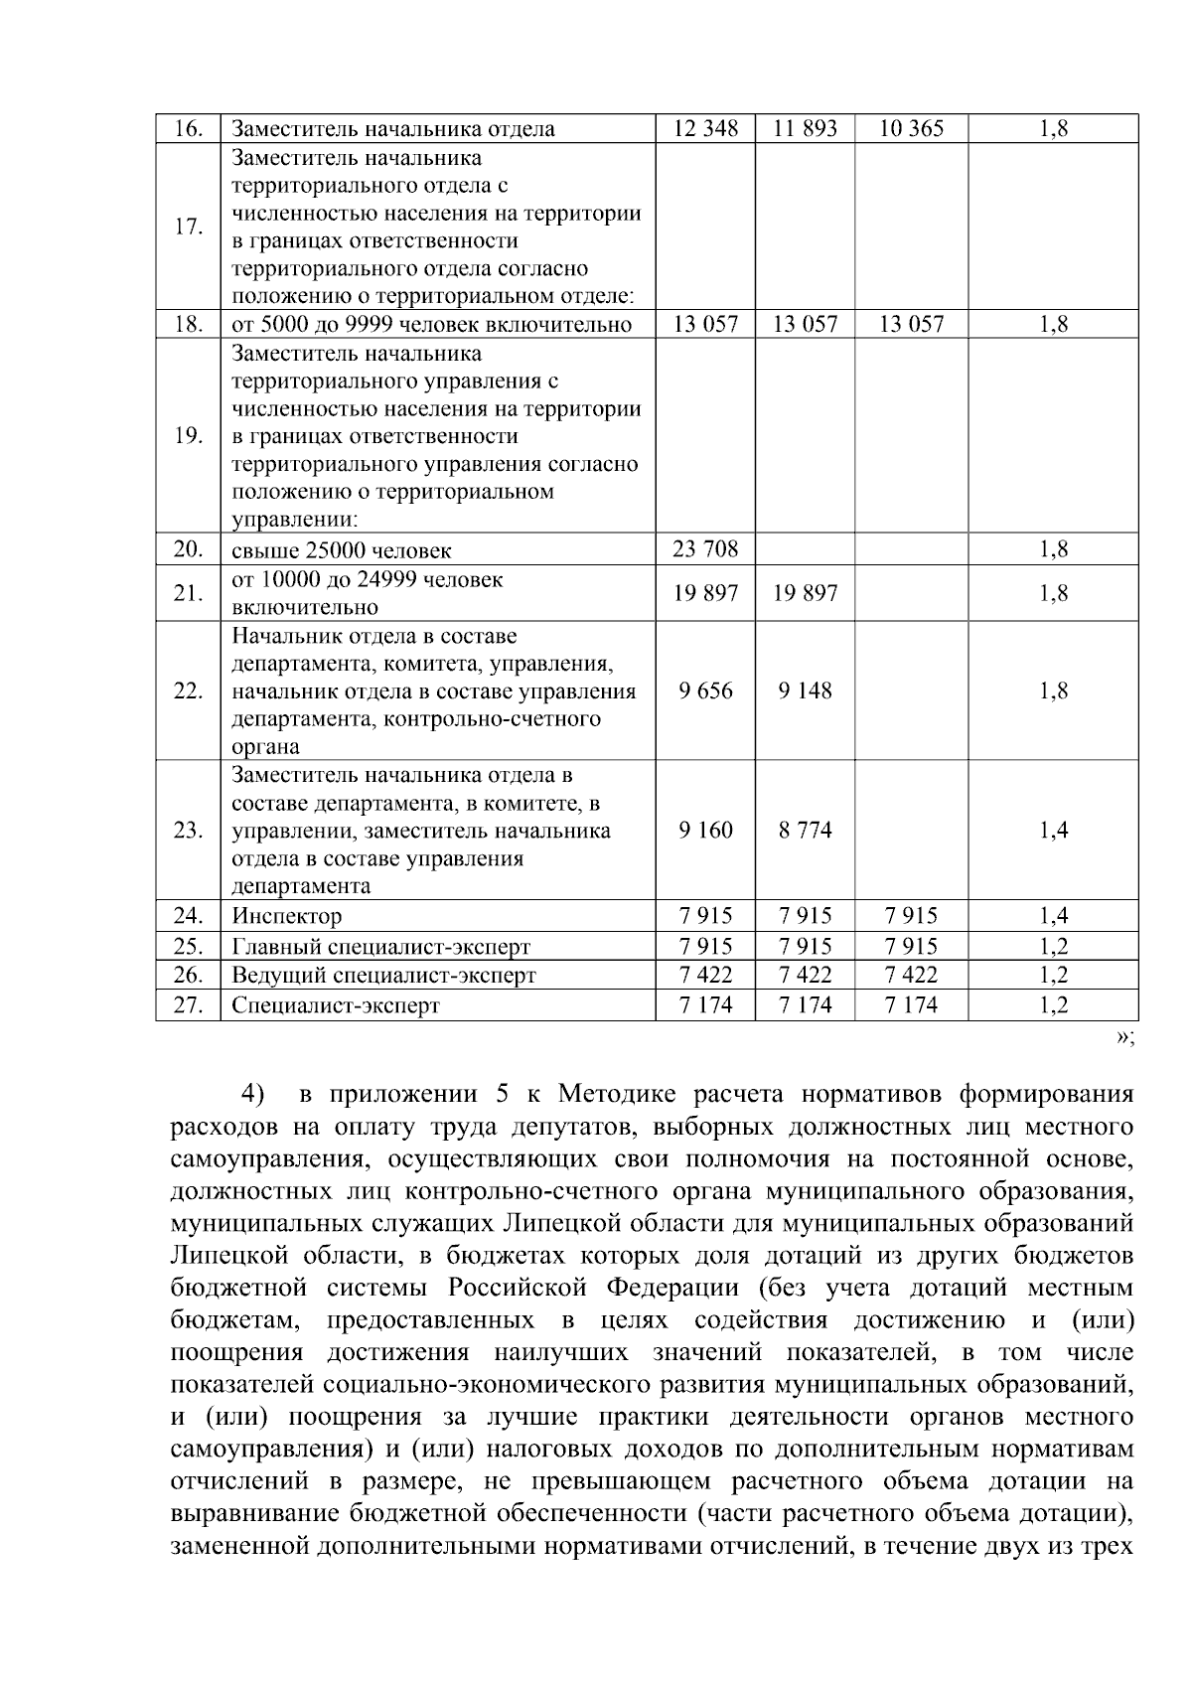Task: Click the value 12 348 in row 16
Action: tap(705, 128)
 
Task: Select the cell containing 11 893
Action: tap(805, 128)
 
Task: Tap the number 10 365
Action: tap(911, 128)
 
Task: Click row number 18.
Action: tap(188, 325)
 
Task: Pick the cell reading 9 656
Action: tap(705, 690)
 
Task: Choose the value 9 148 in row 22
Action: tap(805, 690)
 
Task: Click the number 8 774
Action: tap(805, 831)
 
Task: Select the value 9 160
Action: tap(705, 831)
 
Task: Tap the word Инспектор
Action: tap(286, 916)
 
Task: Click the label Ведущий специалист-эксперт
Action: tap(383, 976)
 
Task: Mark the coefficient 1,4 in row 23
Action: tap(1053, 831)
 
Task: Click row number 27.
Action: tap(188, 1005)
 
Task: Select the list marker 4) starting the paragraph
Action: tap(252, 1095)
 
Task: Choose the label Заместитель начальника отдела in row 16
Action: tap(392, 129)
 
